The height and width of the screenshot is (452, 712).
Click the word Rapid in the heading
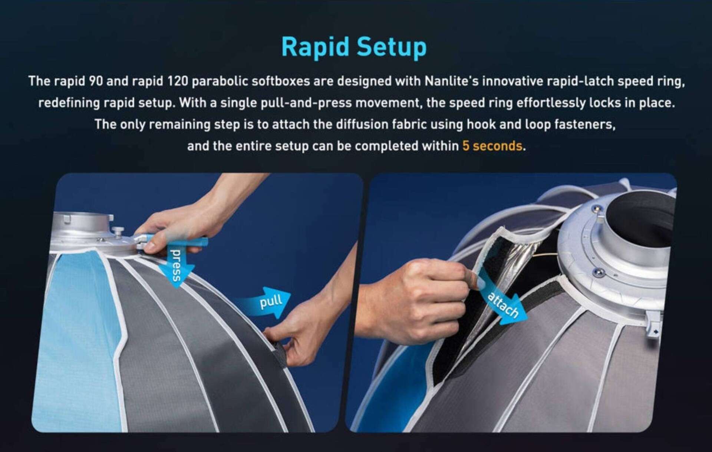[x=316, y=47]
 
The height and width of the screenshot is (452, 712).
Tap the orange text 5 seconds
[x=492, y=146]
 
